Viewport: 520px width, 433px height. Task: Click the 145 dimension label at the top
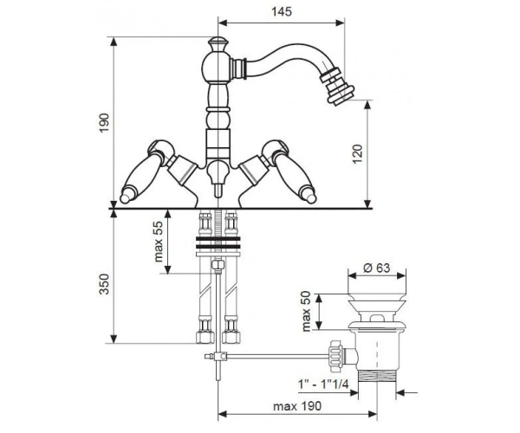[x=282, y=11]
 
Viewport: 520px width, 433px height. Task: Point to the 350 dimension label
[x=105, y=284]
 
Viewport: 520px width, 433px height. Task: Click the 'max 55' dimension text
[x=159, y=242]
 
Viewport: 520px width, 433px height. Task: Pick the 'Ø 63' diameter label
[x=377, y=268]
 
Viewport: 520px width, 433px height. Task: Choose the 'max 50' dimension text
[x=307, y=311]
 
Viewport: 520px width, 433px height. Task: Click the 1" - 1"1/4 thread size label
[x=323, y=385]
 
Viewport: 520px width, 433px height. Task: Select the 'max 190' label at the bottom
[x=297, y=406]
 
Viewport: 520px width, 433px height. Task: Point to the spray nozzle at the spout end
[x=336, y=86]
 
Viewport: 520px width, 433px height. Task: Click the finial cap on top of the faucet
[x=218, y=43]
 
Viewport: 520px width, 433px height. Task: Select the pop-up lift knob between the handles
[x=218, y=180]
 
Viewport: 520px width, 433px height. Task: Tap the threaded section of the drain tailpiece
[x=377, y=377]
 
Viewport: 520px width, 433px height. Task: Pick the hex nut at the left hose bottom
[x=205, y=337]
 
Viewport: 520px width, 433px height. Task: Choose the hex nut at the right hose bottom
[x=231, y=337]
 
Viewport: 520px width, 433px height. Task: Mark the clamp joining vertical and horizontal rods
[x=219, y=357]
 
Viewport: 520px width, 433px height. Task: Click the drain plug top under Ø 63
[x=377, y=303]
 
